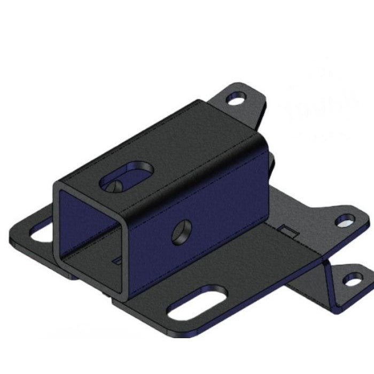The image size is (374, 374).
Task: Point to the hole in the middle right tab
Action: pos(344,220)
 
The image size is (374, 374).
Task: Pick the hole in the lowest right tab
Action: pos(350,279)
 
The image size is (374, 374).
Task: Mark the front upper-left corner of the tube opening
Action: pos(56,185)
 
